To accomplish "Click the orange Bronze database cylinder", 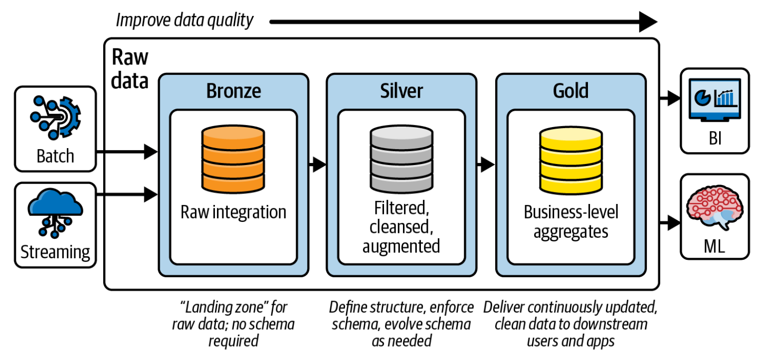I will [x=233, y=158].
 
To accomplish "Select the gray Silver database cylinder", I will [x=401, y=158].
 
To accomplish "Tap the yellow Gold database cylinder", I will [x=571, y=158].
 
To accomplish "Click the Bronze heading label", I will [x=233, y=91].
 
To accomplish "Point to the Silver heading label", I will [x=401, y=91].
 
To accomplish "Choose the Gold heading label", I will [x=571, y=91].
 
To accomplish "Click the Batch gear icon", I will [x=55, y=117].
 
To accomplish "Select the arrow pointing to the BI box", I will [x=670, y=98].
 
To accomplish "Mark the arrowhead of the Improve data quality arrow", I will [x=648, y=22].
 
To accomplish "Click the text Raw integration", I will [x=233, y=212].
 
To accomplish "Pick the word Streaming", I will [x=55, y=252].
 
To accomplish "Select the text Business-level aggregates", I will [x=571, y=222].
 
